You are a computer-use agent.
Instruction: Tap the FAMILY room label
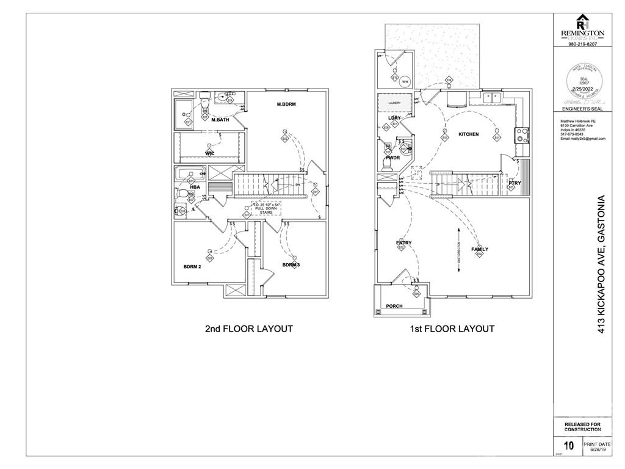(x=479, y=249)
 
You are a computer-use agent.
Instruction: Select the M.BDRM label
(x=286, y=104)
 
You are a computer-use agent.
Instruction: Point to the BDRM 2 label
(x=193, y=266)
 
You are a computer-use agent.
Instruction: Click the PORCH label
(x=394, y=306)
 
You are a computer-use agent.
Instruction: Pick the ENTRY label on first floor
(x=403, y=243)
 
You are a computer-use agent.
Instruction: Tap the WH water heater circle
(x=405, y=82)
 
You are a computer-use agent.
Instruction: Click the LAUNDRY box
(x=394, y=103)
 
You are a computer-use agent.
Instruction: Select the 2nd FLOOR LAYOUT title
(x=248, y=329)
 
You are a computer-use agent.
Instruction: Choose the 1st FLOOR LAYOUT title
(x=452, y=329)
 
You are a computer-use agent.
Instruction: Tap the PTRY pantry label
(x=515, y=183)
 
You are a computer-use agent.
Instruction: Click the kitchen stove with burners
(x=522, y=134)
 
